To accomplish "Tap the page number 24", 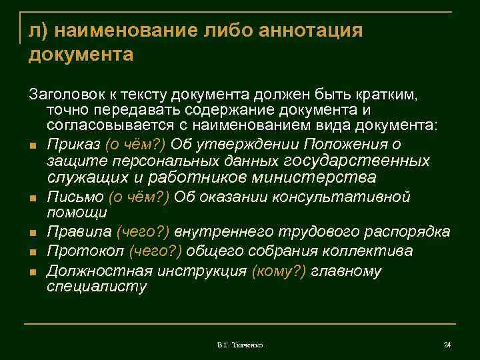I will pyautogui.click(x=447, y=345).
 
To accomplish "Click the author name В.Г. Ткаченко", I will pyautogui.click(x=240, y=345).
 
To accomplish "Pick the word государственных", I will pyautogui.click(x=357, y=161).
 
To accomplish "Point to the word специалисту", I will pyautogui.click(x=96, y=287).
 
